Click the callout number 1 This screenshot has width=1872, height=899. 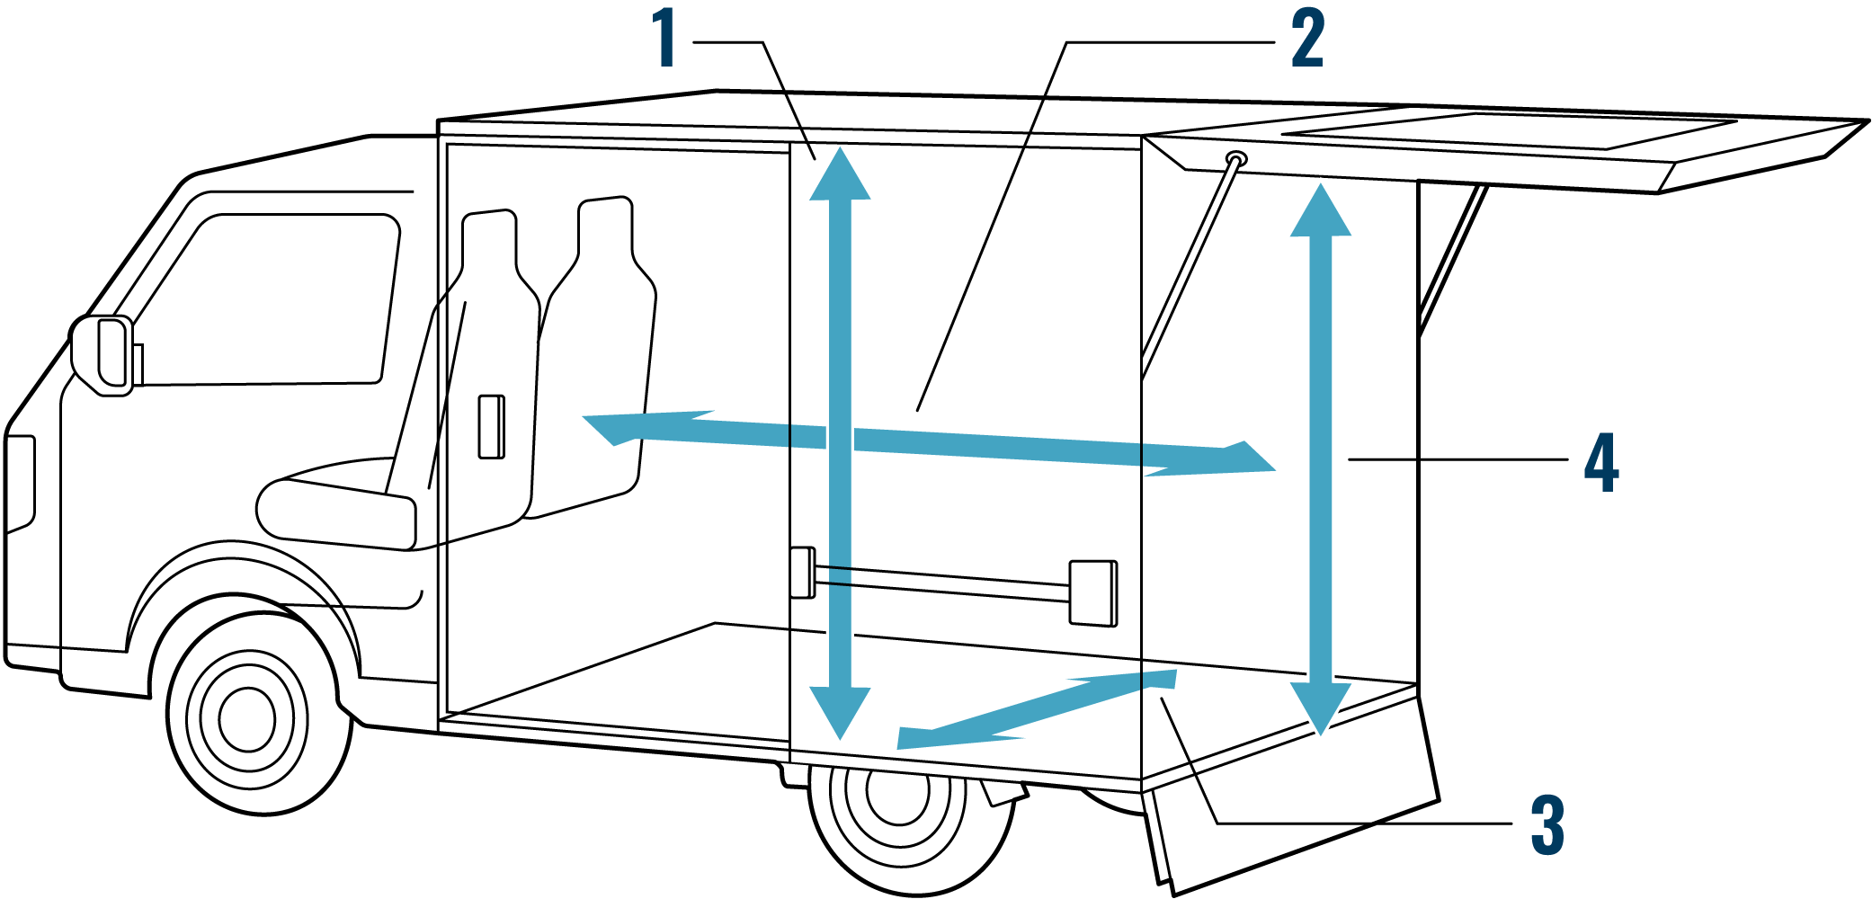click(665, 38)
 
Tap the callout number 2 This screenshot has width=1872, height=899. click(1307, 38)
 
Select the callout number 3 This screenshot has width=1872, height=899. click(1547, 824)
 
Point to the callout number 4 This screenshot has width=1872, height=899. click(1601, 462)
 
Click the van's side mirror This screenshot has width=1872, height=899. click(103, 356)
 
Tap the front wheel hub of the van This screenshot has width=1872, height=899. click(246, 719)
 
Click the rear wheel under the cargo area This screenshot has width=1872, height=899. click(899, 814)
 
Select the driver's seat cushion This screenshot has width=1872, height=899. click(337, 512)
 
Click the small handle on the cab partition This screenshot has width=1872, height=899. click(491, 426)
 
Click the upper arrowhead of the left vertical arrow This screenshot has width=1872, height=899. click(840, 175)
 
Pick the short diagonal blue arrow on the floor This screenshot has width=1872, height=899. click(1034, 710)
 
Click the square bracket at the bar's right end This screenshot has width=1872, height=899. click(1093, 593)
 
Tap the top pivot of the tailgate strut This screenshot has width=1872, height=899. click(1236, 160)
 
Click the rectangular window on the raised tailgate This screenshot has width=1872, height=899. click(1511, 131)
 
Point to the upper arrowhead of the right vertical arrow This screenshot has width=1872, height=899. click(1321, 211)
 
